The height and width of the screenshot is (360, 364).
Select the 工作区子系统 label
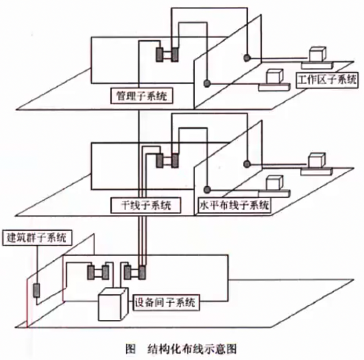[x=327, y=80]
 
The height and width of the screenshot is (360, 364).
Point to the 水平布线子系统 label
[x=234, y=205]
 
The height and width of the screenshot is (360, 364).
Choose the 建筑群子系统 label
[x=35, y=238]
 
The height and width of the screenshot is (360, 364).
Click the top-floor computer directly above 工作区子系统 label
[x=317, y=55]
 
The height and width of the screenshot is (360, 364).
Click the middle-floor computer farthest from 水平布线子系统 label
[x=316, y=160]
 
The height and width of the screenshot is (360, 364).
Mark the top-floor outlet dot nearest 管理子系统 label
[x=207, y=83]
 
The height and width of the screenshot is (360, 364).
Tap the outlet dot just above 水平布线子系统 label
[x=207, y=189]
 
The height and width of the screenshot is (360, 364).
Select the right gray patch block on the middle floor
[x=175, y=160]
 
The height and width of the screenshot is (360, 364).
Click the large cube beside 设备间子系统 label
[x=112, y=304]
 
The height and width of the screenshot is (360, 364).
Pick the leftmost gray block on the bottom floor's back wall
[x=89, y=272]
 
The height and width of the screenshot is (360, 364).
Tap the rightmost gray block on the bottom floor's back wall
[x=141, y=272]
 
